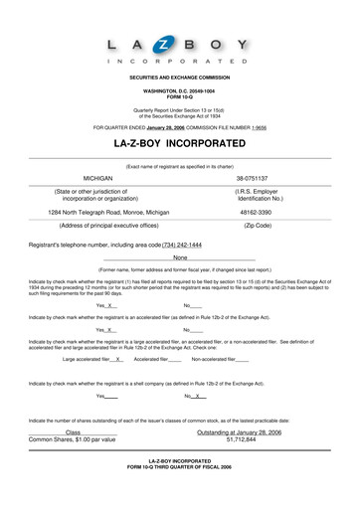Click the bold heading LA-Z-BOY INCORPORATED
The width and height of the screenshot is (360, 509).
pos(180,144)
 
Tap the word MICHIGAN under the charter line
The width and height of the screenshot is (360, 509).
pos(97,175)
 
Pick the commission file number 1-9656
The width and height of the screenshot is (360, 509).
pos(259,127)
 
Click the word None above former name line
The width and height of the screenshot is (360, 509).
pos(180,257)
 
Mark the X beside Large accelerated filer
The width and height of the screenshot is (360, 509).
pos(132,359)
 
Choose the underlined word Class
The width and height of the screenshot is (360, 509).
pos(73,432)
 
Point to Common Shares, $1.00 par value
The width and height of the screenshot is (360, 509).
pos(73,439)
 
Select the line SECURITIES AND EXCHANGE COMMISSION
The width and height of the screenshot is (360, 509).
pos(179,77)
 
